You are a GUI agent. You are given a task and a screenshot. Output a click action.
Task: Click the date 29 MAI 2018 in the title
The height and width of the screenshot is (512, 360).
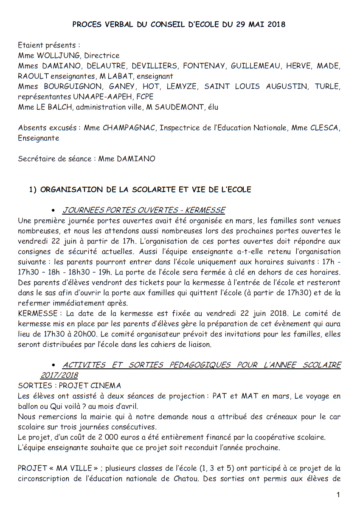click(x=258, y=25)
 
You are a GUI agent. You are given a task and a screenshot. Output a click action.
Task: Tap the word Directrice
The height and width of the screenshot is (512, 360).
click(x=102, y=56)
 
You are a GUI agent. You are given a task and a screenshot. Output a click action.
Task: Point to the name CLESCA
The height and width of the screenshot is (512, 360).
click(x=324, y=128)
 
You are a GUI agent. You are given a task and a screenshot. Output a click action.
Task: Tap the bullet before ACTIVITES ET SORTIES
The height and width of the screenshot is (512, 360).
click(x=53, y=365)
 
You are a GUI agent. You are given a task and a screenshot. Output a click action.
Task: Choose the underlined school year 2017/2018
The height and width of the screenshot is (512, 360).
click(x=59, y=375)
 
